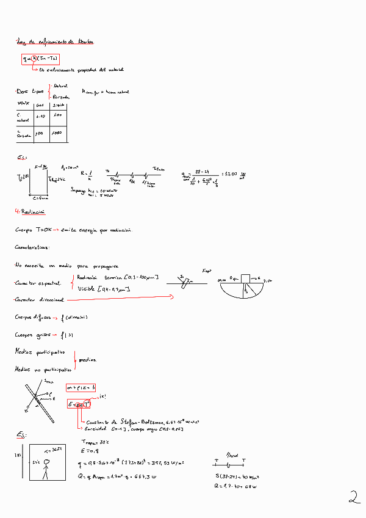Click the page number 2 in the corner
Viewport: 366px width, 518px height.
pos(354,498)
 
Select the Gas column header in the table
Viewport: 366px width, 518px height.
pos(40,105)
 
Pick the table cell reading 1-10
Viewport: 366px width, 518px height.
pos(41,115)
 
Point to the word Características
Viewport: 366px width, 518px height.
pos(32,247)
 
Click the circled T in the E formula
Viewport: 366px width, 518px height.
pos(87,404)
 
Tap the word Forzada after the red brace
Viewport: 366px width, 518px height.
pos(61,97)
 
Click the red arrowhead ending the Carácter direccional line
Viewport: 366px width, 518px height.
pos(172,297)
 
